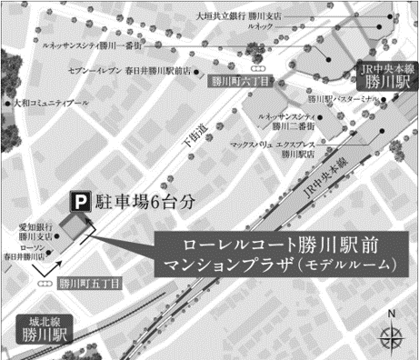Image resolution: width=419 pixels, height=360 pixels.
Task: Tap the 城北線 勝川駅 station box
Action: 45,326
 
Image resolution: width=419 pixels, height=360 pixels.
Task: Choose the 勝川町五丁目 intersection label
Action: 91,283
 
